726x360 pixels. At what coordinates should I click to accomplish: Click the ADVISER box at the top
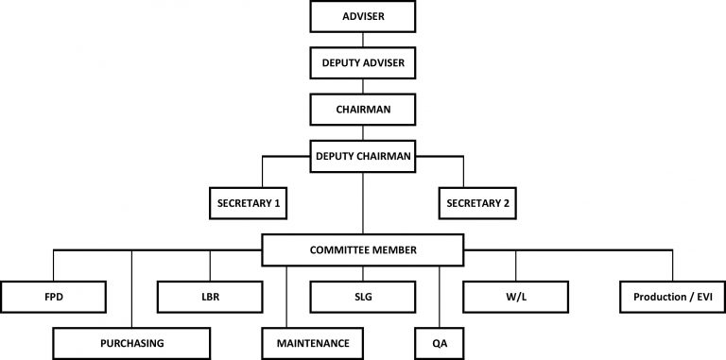pos(363,17)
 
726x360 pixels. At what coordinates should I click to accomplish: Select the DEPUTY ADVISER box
pos(363,63)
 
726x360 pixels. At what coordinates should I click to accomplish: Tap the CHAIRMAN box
pos(363,110)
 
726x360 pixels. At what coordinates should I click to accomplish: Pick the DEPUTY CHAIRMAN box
pos(363,156)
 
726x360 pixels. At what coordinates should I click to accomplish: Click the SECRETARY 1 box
pos(247,202)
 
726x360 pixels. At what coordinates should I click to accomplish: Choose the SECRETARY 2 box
pos(478,202)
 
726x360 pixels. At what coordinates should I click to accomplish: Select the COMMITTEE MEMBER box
pos(363,249)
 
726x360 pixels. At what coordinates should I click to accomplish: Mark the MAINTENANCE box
pos(312,342)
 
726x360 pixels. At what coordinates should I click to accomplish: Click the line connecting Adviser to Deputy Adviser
pos(363,41)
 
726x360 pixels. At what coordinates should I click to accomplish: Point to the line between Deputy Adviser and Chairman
pos(363,87)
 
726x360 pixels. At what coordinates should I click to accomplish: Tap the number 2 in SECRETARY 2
pos(516,202)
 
